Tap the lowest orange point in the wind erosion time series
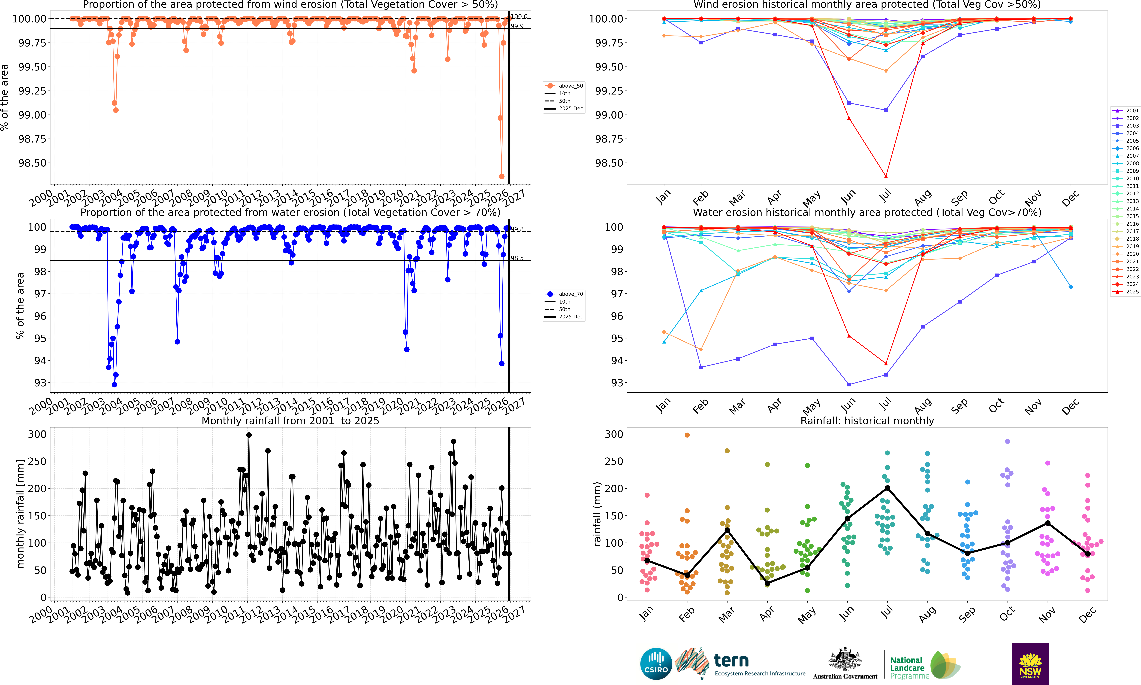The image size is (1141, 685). (501, 176)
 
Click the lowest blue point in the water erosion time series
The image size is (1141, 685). (114, 384)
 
